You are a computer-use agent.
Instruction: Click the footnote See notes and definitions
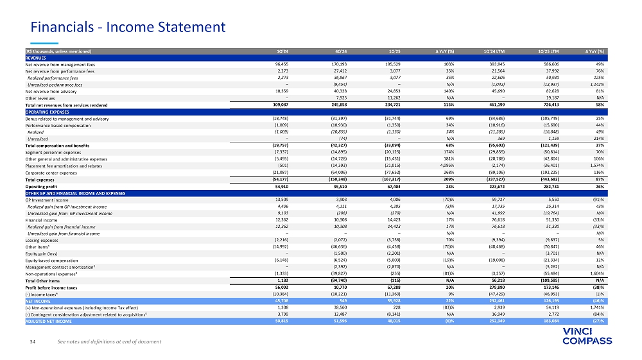point(109,341)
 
